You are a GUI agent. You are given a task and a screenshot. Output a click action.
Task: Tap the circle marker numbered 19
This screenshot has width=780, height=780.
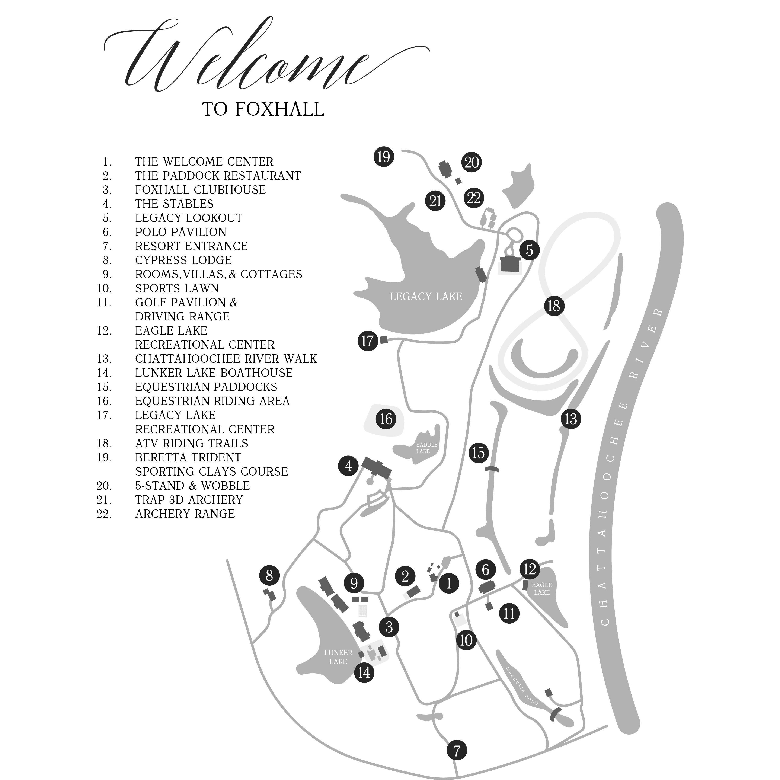pyautogui.click(x=384, y=156)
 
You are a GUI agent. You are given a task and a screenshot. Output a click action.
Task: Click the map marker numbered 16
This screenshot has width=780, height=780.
pyautogui.click(x=386, y=419)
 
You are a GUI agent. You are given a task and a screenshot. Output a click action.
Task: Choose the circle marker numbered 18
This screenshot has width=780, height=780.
pyautogui.click(x=554, y=306)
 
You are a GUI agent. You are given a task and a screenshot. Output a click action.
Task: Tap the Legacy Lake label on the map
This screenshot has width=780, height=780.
pyautogui.click(x=426, y=297)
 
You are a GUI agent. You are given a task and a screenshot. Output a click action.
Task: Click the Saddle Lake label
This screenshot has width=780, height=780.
pyautogui.click(x=426, y=448)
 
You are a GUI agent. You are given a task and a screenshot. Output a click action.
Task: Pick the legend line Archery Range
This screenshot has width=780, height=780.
pyautogui.click(x=185, y=514)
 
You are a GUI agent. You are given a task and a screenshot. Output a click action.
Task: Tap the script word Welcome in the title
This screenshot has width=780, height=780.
pyautogui.click(x=242, y=61)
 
